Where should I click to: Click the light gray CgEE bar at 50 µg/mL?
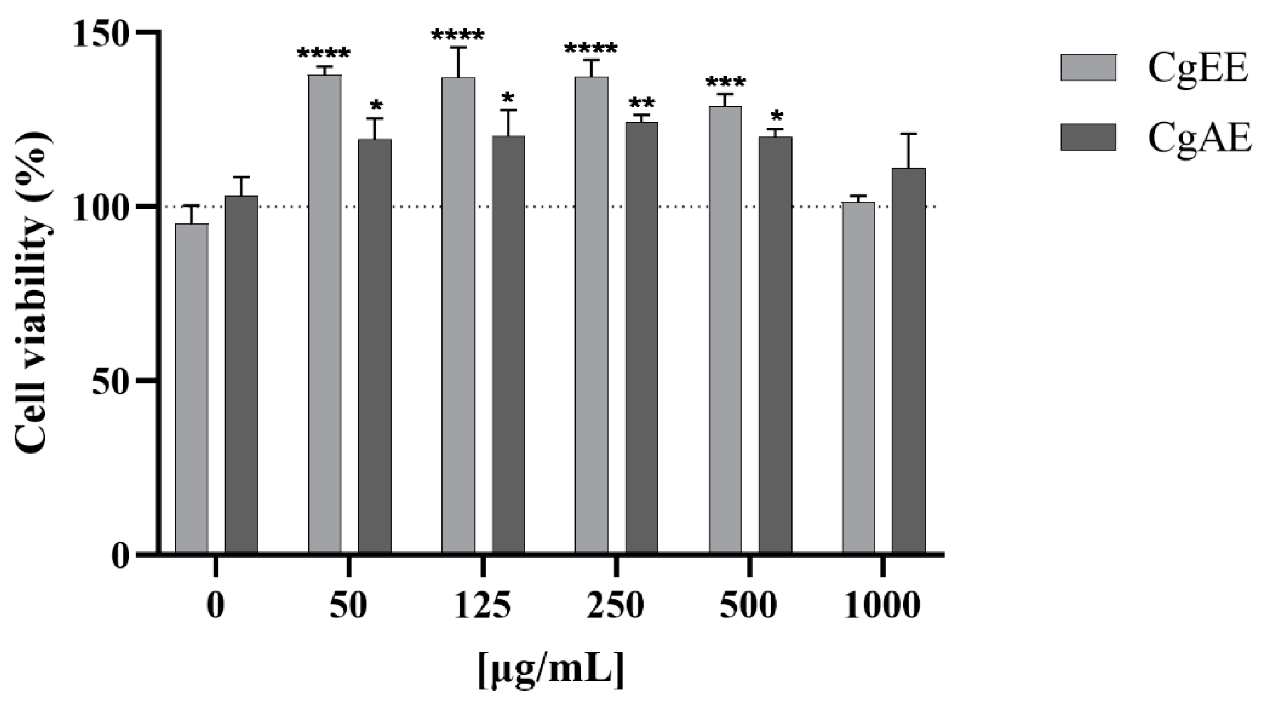[325, 315]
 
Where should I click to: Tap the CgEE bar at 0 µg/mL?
[192, 389]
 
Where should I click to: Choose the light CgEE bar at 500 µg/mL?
[725, 330]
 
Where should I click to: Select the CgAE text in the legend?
[1199, 138]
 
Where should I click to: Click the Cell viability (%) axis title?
[32, 293]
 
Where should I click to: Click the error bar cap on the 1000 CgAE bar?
[909, 134]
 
